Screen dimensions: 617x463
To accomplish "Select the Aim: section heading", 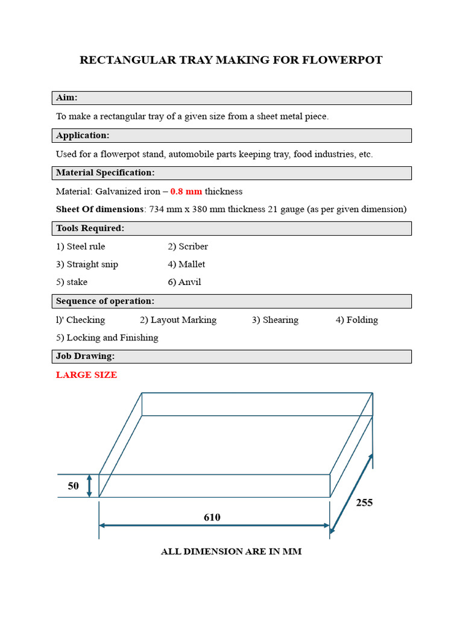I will coord(67,98).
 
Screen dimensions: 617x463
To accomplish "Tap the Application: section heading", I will coord(83,136).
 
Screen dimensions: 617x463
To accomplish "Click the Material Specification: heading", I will coord(106,173).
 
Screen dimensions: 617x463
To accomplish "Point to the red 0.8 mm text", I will coord(186,192).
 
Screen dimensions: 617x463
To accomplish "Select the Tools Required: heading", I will coord(90,228).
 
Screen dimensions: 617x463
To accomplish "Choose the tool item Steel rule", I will coord(86,246).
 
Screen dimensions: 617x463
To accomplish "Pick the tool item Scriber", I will coord(193,246).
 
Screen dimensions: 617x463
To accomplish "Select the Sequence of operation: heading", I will coord(105,301).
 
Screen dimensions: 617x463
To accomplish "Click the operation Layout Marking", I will coord(183,320).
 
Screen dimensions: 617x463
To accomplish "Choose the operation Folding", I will coord(362,320).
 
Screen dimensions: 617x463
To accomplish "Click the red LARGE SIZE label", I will coord(86,375).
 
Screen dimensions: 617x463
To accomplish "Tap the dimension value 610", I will coord(212,517).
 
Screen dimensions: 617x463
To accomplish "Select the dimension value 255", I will coord(364,503).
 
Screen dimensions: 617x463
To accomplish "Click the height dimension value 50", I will coord(73,486).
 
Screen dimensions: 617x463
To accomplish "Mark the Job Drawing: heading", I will coord(85,357).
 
